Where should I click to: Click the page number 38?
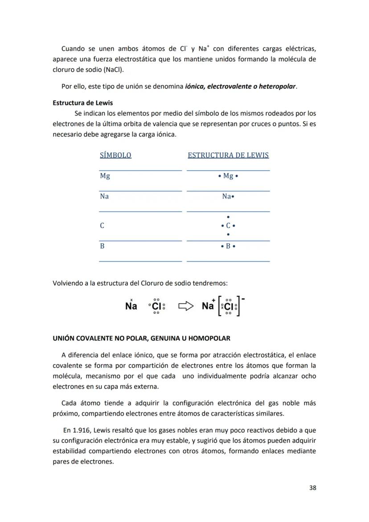click(x=312, y=488)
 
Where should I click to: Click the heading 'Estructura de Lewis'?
click(x=83, y=103)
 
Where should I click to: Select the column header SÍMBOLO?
click(x=115, y=155)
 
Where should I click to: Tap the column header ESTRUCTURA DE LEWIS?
click(x=228, y=155)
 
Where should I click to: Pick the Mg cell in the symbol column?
click(x=105, y=176)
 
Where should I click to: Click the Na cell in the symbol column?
click(x=104, y=196)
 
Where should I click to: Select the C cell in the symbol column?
click(x=102, y=226)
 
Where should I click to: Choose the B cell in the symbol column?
click(x=102, y=246)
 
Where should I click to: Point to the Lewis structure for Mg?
click(x=228, y=176)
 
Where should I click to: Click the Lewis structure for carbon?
click(x=228, y=226)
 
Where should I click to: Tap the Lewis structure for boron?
click(x=228, y=246)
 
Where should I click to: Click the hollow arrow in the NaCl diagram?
click(x=186, y=306)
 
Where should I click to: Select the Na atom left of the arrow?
click(x=131, y=306)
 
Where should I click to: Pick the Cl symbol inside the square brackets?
click(x=229, y=306)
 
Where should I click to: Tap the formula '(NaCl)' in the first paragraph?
click(x=114, y=70)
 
